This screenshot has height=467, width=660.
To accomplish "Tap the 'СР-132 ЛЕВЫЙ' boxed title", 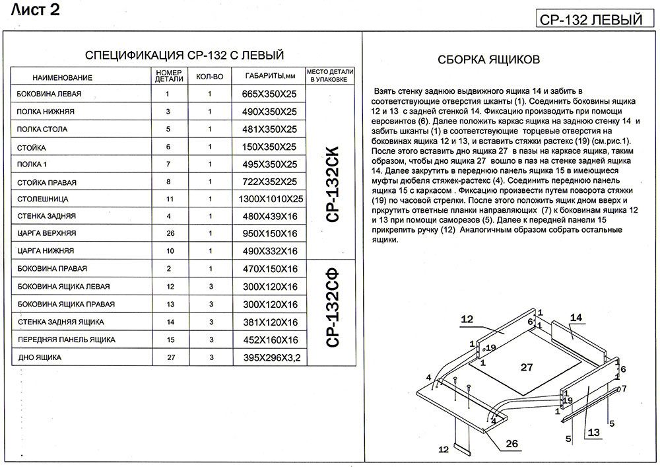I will click(591, 19).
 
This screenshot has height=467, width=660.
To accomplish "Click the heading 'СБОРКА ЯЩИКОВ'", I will click(489, 59).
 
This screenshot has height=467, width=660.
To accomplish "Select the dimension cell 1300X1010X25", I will click(271, 199).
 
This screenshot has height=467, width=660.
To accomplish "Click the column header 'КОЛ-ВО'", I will click(210, 77).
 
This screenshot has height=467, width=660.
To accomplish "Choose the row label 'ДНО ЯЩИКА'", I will click(39, 357).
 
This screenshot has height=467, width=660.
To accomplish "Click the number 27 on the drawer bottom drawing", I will click(527, 367).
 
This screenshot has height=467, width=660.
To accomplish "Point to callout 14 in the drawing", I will click(577, 318).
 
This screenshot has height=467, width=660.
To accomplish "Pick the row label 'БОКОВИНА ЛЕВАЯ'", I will click(47, 94).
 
